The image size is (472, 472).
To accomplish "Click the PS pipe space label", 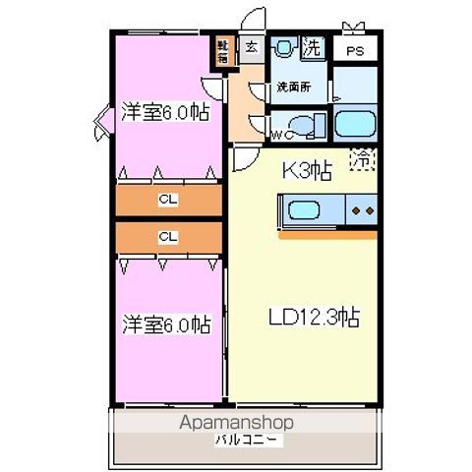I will [351, 50].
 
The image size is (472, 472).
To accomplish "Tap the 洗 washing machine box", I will [312, 47].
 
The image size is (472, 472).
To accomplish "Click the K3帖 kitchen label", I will [307, 169].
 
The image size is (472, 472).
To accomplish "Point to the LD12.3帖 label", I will [314, 318].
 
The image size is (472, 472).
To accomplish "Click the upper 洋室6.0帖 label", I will [165, 111].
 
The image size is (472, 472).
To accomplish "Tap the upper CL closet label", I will [168, 200].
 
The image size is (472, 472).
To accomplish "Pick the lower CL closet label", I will [168, 237].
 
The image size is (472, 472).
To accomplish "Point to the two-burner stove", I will [361, 210].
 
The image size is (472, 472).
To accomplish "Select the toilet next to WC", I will [309, 125].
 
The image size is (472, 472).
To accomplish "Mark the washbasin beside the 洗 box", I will [284, 47].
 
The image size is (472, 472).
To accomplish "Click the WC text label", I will [277, 134].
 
